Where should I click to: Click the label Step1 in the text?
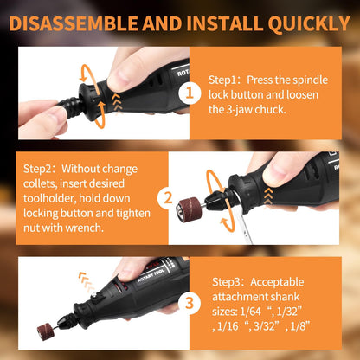(227, 77)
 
